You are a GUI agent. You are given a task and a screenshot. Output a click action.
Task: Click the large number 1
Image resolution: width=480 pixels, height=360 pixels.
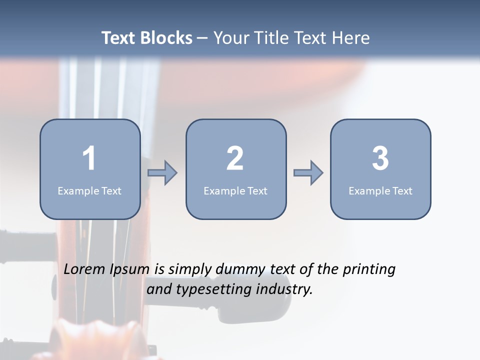(89, 158)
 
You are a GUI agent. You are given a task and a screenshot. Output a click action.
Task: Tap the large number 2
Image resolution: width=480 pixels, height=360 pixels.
(235, 158)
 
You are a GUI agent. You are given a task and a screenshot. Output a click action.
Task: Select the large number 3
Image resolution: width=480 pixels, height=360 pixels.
(380, 158)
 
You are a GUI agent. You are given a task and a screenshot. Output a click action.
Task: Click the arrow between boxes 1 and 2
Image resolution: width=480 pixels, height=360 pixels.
(162, 173)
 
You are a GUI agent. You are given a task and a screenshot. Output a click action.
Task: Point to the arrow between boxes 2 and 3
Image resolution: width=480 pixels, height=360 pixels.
(308, 173)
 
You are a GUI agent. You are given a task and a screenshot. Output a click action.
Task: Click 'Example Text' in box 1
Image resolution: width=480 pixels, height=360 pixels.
(89, 190)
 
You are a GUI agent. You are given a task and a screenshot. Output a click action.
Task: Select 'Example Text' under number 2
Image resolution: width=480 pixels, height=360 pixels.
(235, 190)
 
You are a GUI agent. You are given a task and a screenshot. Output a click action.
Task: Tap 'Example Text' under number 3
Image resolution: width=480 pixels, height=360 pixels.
(380, 190)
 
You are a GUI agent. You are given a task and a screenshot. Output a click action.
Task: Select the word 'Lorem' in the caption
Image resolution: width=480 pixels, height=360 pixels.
(84, 269)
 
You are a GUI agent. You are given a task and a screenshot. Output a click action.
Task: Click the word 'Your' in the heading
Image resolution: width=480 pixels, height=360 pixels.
(229, 38)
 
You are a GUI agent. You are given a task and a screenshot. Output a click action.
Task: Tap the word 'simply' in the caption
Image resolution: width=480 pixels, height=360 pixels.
(188, 270)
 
